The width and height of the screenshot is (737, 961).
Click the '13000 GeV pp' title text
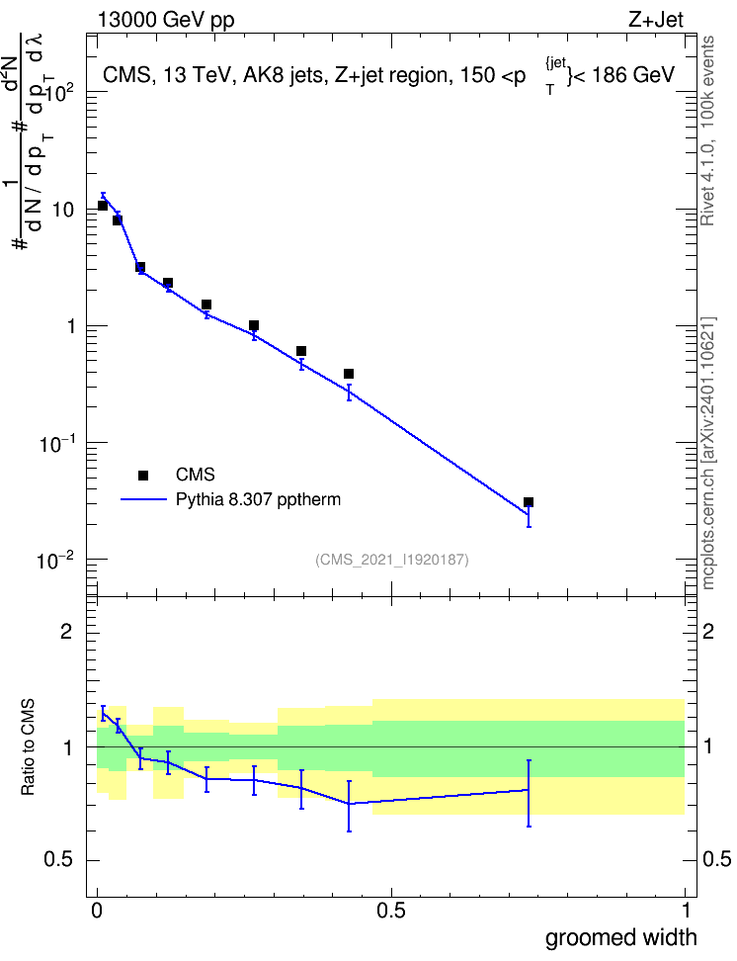[x=166, y=21]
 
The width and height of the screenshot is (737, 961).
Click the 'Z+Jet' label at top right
[x=656, y=20]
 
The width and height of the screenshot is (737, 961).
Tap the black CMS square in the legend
[x=143, y=475]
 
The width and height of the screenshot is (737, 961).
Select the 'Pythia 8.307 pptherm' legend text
[x=258, y=499]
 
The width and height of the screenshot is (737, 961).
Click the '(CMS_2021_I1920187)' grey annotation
[x=392, y=560]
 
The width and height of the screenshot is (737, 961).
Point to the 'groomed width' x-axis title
[x=620, y=937]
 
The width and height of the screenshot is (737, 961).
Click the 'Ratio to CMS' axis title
[x=28, y=747]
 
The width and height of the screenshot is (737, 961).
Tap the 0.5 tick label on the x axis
[x=391, y=911]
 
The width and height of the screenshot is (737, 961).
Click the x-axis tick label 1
[x=686, y=911]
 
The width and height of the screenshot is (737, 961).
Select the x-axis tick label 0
[x=97, y=911]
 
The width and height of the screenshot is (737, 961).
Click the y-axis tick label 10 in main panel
[x=63, y=210]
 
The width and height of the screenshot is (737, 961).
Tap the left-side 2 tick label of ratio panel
[x=66, y=631]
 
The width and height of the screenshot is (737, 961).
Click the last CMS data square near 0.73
[x=529, y=502]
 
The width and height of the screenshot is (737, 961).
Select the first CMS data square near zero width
[x=103, y=206]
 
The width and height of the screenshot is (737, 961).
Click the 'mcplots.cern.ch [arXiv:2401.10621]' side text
[x=708, y=454]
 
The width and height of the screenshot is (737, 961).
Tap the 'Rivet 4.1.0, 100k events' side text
[x=707, y=131]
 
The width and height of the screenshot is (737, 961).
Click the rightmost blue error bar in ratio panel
[x=529, y=793]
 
